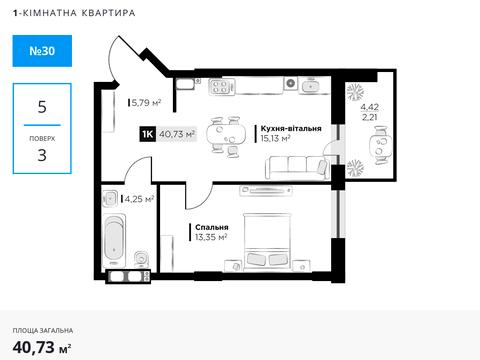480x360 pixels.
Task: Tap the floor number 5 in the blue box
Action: click(x=42, y=105)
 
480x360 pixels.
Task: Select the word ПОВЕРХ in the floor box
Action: click(x=42, y=138)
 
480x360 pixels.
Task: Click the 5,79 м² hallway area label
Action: click(x=146, y=101)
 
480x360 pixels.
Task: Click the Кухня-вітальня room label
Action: click(x=290, y=129)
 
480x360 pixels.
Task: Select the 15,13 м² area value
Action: click(x=275, y=139)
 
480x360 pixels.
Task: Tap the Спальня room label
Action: click(x=212, y=227)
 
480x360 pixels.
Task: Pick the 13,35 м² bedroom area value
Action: click(x=212, y=237)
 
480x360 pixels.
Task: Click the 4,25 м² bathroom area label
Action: click(x=138, y=198)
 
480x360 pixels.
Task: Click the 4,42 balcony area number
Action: click(x=370, y=106)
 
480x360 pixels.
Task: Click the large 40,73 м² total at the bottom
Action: click(x=42, y=346)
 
